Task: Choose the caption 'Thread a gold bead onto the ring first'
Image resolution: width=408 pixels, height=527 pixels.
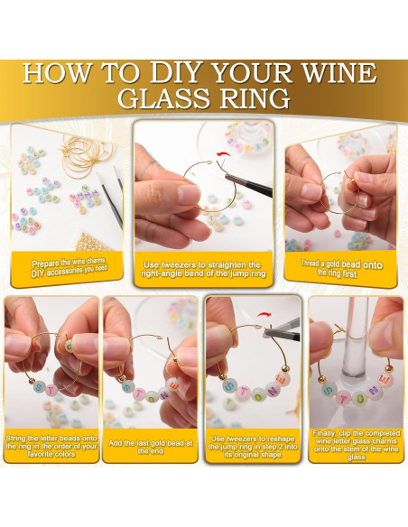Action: pos(340,266)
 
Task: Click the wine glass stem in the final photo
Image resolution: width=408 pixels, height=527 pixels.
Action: pos(354,334)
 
